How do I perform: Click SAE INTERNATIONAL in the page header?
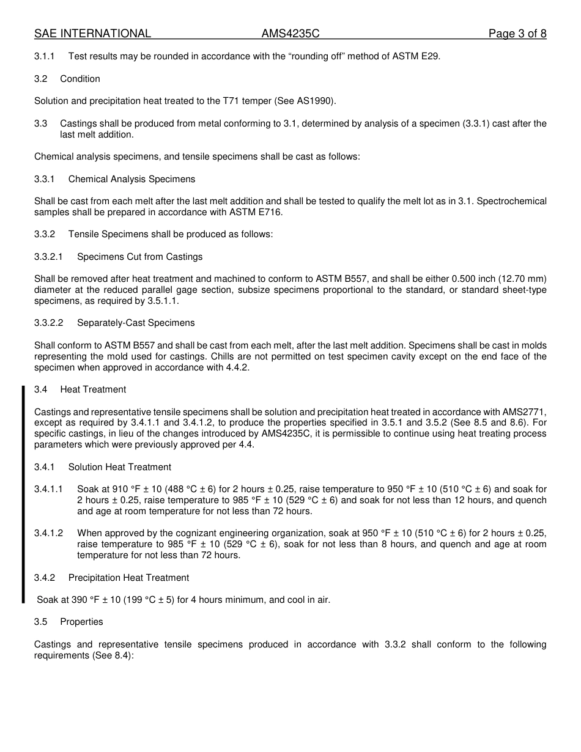92,34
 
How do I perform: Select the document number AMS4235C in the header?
290,34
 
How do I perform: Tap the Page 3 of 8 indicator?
517,34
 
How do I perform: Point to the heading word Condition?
80,79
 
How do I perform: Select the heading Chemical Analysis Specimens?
131,179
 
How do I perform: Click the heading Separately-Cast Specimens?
136,323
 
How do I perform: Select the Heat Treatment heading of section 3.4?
93,389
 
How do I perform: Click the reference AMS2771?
524,412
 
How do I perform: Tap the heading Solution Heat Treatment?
119,467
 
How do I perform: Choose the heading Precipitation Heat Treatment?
128,578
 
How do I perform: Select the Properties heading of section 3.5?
81,622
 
